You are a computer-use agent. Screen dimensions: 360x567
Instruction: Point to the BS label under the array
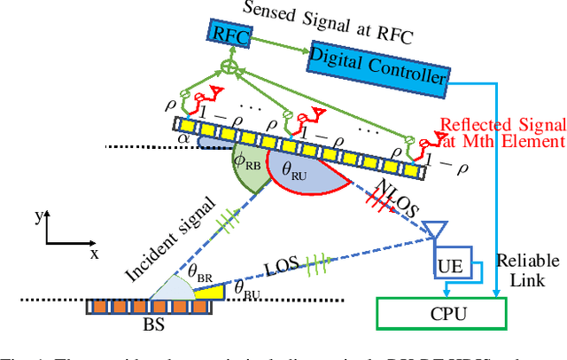click(153, 325)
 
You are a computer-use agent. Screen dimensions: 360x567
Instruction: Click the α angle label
click(183, 138)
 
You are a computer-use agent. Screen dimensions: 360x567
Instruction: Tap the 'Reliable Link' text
click(528, 270)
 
